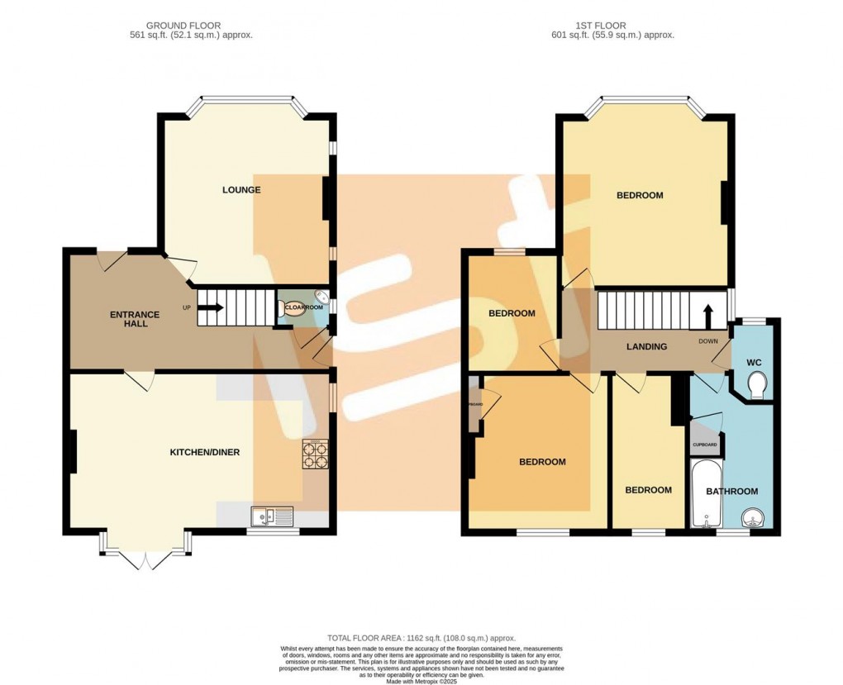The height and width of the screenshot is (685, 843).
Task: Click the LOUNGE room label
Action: click(x=241, y=190)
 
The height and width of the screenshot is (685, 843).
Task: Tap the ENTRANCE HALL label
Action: click(x=131, y=319)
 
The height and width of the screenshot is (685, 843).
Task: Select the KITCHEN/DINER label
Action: click(x=204, y=452)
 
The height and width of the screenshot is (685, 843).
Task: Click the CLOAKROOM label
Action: click(x=303, y=307)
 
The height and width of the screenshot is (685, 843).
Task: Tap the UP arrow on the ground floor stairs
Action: click(x=210, y=308)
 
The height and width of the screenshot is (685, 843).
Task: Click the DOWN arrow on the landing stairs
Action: click(x=708, y=316)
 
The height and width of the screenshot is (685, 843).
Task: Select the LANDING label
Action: click(x=646, y=347)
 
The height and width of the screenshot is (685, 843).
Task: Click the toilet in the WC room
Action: click(x=756, y=384)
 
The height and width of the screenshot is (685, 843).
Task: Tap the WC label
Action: click(x=754, y=363)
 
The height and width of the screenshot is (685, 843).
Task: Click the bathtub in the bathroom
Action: click(x=705, y=494)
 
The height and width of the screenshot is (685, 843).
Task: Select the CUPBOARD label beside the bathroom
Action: click(x=705, y=445)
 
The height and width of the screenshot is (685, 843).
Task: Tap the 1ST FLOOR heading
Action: click(x=612, y=26)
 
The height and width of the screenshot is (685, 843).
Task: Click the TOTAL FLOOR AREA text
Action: click(x=421, y=638)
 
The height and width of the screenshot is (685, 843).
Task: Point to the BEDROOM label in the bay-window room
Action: click(x=640, y=196)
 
